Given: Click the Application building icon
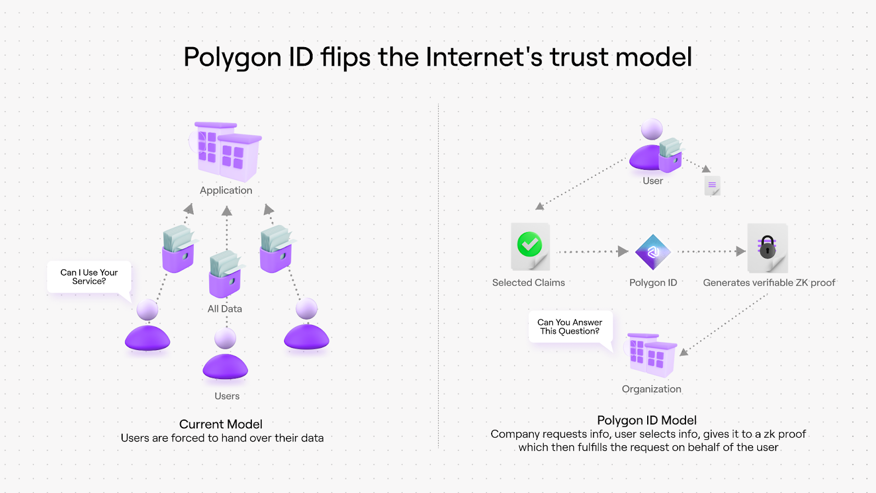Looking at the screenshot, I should pos(227,152).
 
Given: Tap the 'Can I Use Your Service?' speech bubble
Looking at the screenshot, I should pos(89,277).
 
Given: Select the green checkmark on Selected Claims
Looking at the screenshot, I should pos(529,244).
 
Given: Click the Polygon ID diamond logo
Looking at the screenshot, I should pos(653,252).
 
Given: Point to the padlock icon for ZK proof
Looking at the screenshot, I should pos(768,248).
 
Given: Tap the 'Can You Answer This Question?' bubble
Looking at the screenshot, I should pos(570,327).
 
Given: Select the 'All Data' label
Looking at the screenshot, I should pos(224,309).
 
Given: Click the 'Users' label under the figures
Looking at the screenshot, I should pos(227,396).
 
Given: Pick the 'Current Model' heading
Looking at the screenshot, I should pos(221,424).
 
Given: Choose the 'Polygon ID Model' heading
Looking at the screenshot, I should pos(647,420).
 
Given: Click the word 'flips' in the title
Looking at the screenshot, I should pos(345,57).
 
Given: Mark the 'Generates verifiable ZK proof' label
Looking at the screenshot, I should pos(769,283).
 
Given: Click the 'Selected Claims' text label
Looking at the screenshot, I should pos(528,283).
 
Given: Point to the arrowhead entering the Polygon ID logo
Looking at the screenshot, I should pos(623,251).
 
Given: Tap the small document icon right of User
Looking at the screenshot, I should pos(712,186).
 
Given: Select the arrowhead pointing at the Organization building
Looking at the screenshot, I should pos(684,352).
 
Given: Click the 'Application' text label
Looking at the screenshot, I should pos(226,191).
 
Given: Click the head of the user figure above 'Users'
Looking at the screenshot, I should pos(225,339).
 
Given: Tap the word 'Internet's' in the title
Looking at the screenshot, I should pos(484,57).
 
